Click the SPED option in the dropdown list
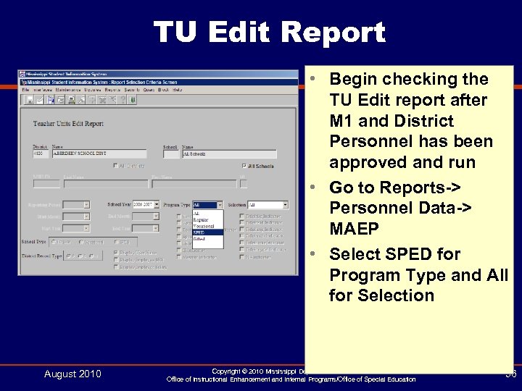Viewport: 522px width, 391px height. [199, 232]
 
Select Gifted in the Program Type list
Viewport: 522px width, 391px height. [199, 238]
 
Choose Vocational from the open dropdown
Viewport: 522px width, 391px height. [203, 226]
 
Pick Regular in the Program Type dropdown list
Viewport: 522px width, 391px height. [201, 220]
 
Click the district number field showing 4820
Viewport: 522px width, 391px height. [42, 154]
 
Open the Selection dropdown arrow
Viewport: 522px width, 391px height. [285, 205]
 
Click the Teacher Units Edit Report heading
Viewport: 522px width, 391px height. [68, 124]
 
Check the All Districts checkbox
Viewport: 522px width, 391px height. [115, 166]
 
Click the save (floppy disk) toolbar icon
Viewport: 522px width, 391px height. [30, 99]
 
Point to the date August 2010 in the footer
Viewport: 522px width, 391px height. [72, 374]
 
